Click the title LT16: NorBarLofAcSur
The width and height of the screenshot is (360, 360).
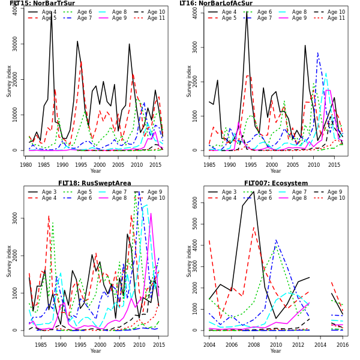coord(216,4)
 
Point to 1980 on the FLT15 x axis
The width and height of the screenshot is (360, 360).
coord(26,164)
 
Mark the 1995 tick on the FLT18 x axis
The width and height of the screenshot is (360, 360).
coord(80,344)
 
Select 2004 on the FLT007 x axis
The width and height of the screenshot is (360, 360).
coord(209,344)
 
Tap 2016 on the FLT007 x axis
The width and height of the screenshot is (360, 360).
coord(342,344)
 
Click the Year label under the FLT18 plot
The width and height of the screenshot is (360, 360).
coord(95,351)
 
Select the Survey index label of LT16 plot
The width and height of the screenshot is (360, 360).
coord(190,81)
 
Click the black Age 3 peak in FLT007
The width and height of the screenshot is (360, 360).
coord(253,192)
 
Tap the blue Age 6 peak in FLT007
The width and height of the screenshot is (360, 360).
coord(276,241)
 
